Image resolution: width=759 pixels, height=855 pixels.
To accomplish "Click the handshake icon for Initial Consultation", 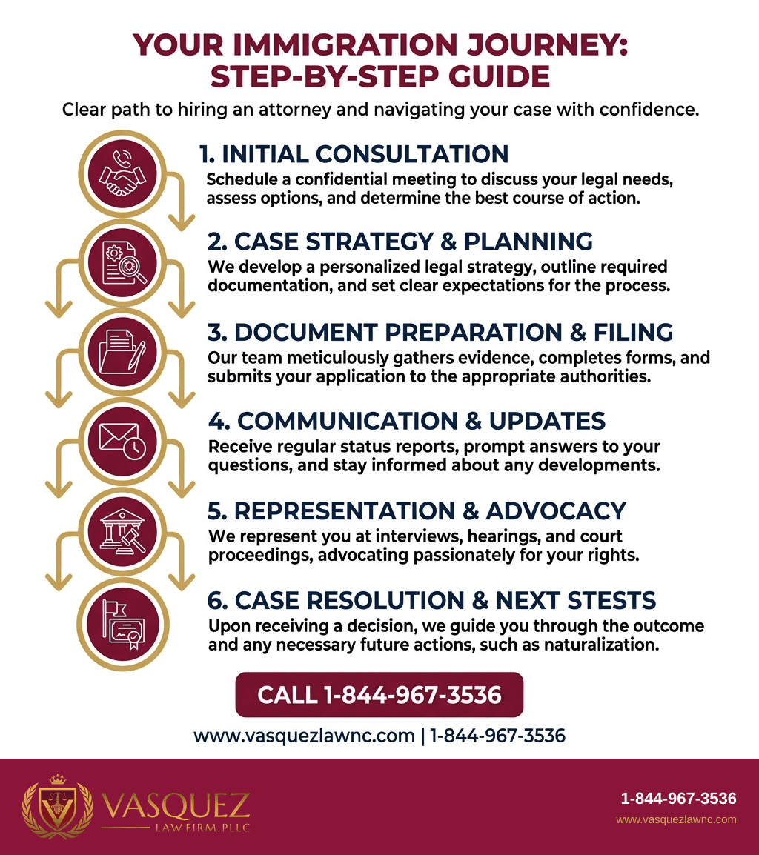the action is click(x=122, y=175).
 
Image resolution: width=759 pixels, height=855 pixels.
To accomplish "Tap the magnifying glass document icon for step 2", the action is click(x=123, y=263).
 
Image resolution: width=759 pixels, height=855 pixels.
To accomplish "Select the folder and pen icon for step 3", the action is click(x=122, y=352).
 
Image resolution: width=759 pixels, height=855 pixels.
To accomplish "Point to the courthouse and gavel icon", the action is click(x=122, y=532).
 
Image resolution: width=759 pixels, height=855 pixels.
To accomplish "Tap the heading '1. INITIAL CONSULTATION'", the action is click(x=354, y=154).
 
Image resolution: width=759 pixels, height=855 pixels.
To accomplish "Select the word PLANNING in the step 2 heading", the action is click(x=528, y=242).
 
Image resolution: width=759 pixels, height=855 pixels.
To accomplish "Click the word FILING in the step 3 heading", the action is click(x=634, y=332).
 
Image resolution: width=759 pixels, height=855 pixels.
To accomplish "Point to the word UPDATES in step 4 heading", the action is click(x=547, y=421).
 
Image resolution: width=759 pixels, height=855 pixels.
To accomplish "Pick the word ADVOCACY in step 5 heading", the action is click(x=556, y=511).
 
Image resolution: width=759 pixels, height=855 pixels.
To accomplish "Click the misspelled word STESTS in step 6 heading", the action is click(x=611, y=600).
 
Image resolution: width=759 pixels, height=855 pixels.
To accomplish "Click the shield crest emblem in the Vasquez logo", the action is click(x=57, y=807).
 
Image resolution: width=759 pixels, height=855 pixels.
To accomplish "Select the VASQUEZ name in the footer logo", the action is click(x=176, y=806).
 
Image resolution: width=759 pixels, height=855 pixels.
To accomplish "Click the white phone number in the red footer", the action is click(x=678, y=799).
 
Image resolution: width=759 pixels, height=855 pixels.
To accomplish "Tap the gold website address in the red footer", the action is click(x=676, y=819).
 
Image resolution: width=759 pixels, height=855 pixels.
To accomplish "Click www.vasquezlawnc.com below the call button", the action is click(x=304, y=736).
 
